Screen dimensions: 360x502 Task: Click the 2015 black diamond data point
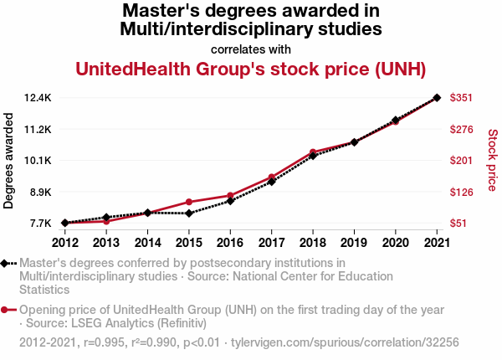(x=189, y=213)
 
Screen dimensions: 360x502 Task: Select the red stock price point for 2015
(x=189, y=202)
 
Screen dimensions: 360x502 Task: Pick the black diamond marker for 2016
(x=230, y=201)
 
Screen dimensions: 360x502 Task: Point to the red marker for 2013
(x=106, y=221)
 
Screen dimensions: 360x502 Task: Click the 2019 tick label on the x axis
(x=354, y=243)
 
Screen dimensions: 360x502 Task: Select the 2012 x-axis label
(x=64, y=243)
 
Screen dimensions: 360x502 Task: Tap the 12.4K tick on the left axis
(x=38, y=98)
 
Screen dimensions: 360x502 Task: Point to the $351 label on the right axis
(x=463, y=98)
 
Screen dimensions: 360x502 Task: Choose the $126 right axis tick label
(x=463, y=193)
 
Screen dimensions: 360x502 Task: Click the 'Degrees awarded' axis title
(x=9, y=161)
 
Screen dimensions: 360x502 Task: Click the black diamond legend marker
(x=8, y=264)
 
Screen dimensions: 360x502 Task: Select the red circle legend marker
(x=8, y=311)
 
